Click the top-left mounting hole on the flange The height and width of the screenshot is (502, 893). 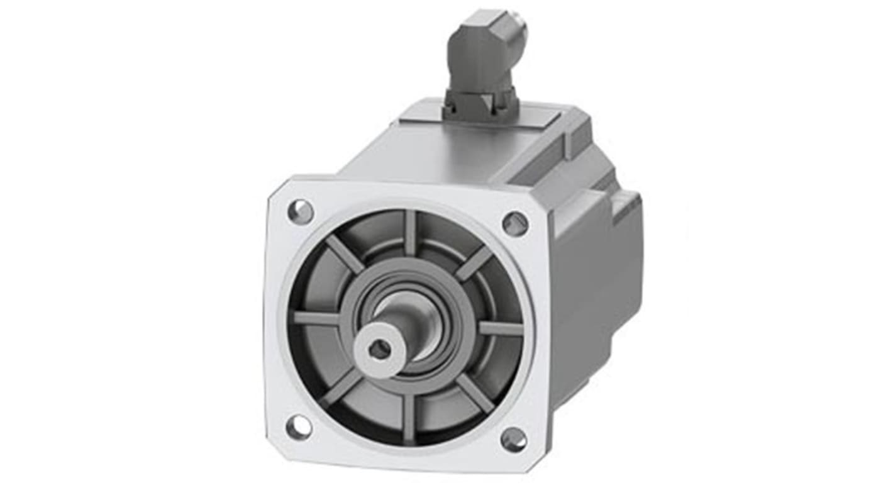pos(301,211)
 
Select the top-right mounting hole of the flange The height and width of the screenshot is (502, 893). pos(515,223)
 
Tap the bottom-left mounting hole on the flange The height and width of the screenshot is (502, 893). pos(298,427)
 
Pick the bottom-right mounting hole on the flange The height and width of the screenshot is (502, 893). pos(513,439)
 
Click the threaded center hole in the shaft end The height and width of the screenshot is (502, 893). pos(379,350)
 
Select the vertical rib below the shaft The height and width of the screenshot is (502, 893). pos(409,418)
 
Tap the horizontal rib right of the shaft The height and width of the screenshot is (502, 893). pos(501,328)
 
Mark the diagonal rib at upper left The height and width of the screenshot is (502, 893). pos(344,254)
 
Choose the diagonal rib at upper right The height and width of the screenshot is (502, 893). pos(474,263)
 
